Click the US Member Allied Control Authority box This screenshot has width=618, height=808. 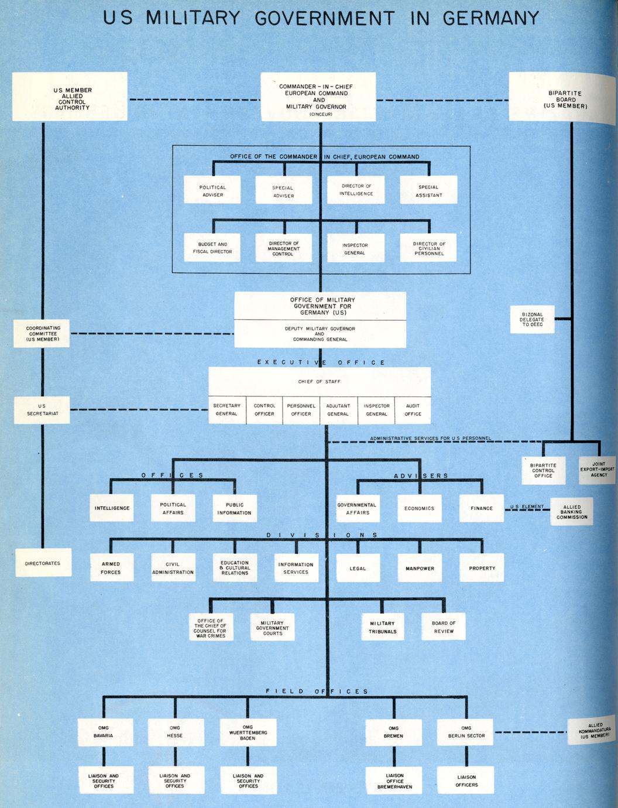coord(70,97)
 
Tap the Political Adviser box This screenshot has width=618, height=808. coord(212,190)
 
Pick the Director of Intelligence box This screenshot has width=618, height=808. coord(356,190)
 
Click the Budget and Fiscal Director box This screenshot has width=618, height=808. coord(212,248)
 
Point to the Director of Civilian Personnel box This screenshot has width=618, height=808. coord(428,248)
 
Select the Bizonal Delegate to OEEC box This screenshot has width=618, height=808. coord(532,320)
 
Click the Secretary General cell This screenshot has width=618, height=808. coord(226,410)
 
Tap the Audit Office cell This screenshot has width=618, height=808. coord(413,410)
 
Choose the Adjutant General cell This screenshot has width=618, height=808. coord(338,410)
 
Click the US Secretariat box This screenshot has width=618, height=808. coord(42,410)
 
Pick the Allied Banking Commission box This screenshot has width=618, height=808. coord(572,512)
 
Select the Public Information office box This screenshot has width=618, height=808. coord(234,508)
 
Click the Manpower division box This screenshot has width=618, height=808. coord(420,568)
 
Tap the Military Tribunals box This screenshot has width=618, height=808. coord(383,627)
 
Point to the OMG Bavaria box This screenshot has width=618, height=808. coord(104,732)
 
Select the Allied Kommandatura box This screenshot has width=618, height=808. coord(593,732)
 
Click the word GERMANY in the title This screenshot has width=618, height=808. coord(490,18)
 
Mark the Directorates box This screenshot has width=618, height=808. coord(43,563)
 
